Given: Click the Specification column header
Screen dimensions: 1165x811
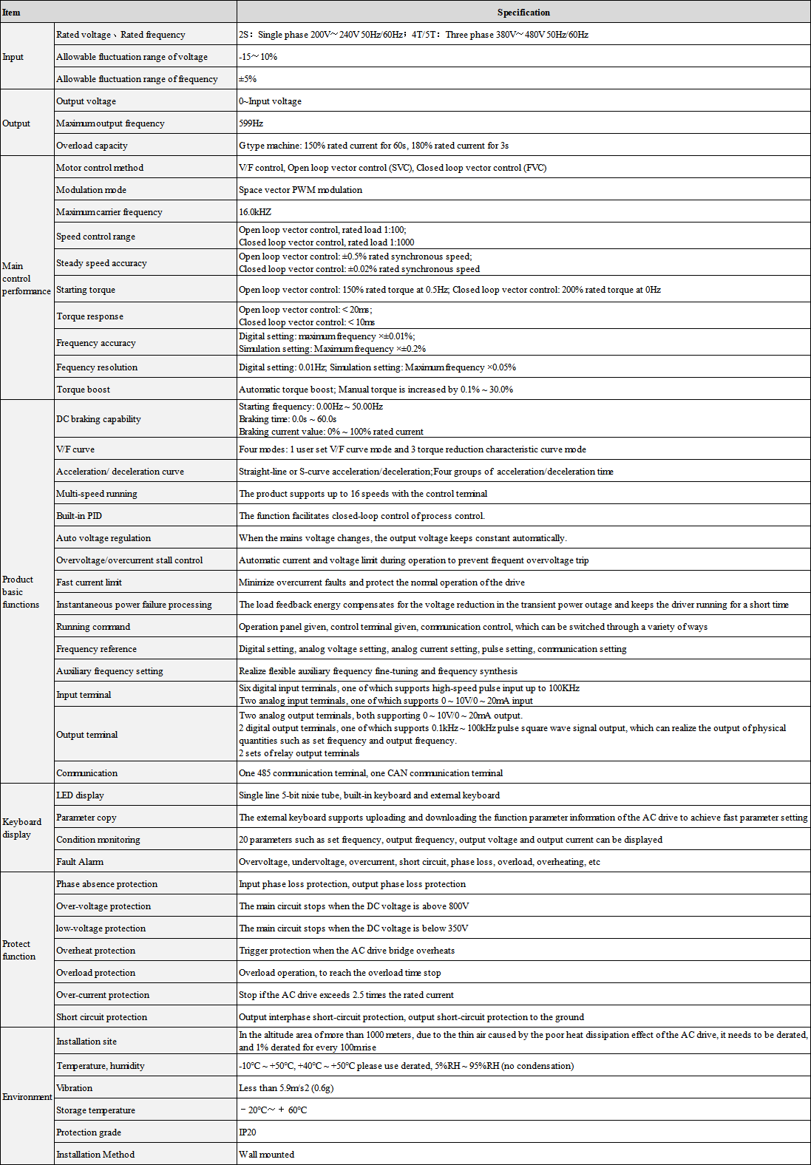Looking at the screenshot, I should (x=523, y=13).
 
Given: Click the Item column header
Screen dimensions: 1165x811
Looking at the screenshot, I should (x=12, y=13).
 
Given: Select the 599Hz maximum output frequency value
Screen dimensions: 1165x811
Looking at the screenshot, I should (x=251, y=123).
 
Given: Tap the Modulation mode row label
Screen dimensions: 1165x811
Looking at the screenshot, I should (x=91, y=190).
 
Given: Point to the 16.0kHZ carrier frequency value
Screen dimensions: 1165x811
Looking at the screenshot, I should (x=255, y=212).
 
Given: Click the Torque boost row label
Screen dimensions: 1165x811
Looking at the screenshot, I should (x=84, y=390).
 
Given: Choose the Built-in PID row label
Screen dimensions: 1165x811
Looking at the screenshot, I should (x=79, y=516).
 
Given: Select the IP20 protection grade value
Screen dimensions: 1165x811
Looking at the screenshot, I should (x=248, y=1132).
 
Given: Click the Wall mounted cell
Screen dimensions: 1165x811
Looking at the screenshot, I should (x=267, y=1155).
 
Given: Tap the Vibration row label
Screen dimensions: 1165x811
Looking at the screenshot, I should (x=75, y=1088).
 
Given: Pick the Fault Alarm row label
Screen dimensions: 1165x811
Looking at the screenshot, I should (x=80, y=862).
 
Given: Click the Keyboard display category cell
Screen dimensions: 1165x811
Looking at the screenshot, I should (x=21, y=828).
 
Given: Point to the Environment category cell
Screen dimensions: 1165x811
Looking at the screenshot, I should (x=27, y=1097).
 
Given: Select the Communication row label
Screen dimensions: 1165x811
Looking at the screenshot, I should (x=87, y=773).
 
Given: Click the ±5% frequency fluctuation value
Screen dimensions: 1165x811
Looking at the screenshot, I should (x=248, y=79).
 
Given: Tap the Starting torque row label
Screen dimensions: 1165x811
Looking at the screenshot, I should (x=86, y=290).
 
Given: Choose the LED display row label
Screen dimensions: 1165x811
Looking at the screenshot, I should (x=80, y=795).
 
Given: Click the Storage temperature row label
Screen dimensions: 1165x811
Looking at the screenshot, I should (x=96, y=1110).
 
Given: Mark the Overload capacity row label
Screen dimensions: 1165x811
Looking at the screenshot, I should (x=92, y=146).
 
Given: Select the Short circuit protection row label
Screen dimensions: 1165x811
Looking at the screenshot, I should (x=102, y=1017).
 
